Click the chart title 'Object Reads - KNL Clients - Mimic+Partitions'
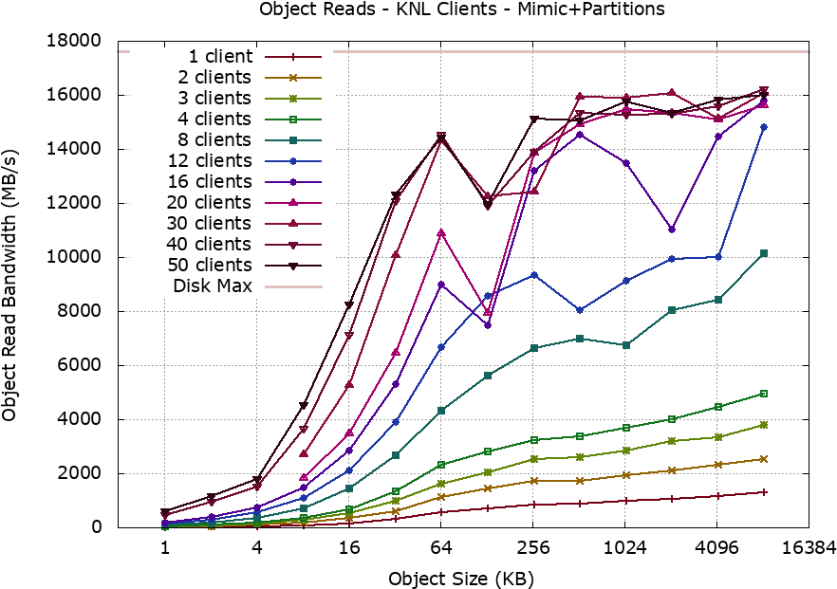point(462,9)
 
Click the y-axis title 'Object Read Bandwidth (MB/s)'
point(9,285)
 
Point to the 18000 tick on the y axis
point(74,41)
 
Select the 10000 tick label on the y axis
point(74,257)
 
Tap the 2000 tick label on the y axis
point(79,473)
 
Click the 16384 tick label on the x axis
point(809,548)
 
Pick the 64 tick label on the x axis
point(441,548)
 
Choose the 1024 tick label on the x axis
point(625,548)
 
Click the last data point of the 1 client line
point(764,492)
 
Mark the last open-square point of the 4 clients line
point(764,394)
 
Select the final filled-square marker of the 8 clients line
point(764,253)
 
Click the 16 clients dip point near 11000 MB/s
point(672,230)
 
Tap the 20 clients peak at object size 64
point(441,233)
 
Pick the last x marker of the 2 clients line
point(764,459)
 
